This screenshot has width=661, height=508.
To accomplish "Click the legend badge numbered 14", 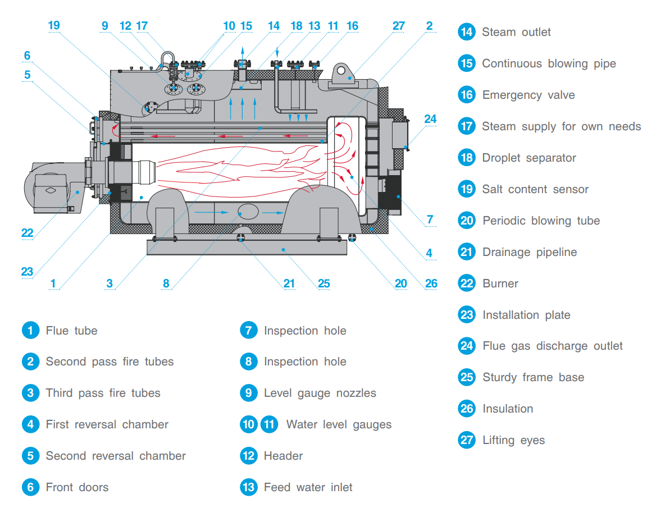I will (x=467, y=32).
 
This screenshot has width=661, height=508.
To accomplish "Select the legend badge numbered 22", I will (x=467, y=283).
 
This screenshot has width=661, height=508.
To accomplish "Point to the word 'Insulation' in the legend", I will (x=508, y=409).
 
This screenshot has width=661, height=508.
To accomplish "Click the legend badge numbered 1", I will (x=30, y=331).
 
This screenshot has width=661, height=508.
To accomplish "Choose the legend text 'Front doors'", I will (x=77, y=487).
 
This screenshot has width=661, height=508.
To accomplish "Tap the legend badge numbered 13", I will (x=249, y=487).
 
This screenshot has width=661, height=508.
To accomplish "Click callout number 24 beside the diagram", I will (x=430, y=119).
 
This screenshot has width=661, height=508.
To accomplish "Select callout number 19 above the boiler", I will (x=53, y=25).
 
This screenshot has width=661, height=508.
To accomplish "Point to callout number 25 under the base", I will (x=324, y=283).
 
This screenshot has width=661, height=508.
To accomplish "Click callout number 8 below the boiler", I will (x=166, y=283).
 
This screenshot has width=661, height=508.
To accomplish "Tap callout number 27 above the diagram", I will (x=398, y=26).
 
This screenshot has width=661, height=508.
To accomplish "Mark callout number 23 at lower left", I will (x=27, y=272).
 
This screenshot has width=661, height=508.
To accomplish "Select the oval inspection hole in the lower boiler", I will (x=248, y=212).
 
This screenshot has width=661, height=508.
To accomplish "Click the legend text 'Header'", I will (x=283, y=456).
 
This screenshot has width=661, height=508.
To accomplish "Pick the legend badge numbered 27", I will (x=467, y=440).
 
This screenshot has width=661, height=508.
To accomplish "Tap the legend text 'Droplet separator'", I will (x=529, y=158).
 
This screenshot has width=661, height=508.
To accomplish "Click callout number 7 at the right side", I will (x=430, y=219).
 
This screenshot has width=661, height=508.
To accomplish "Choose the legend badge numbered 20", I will (x=467, y=221).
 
